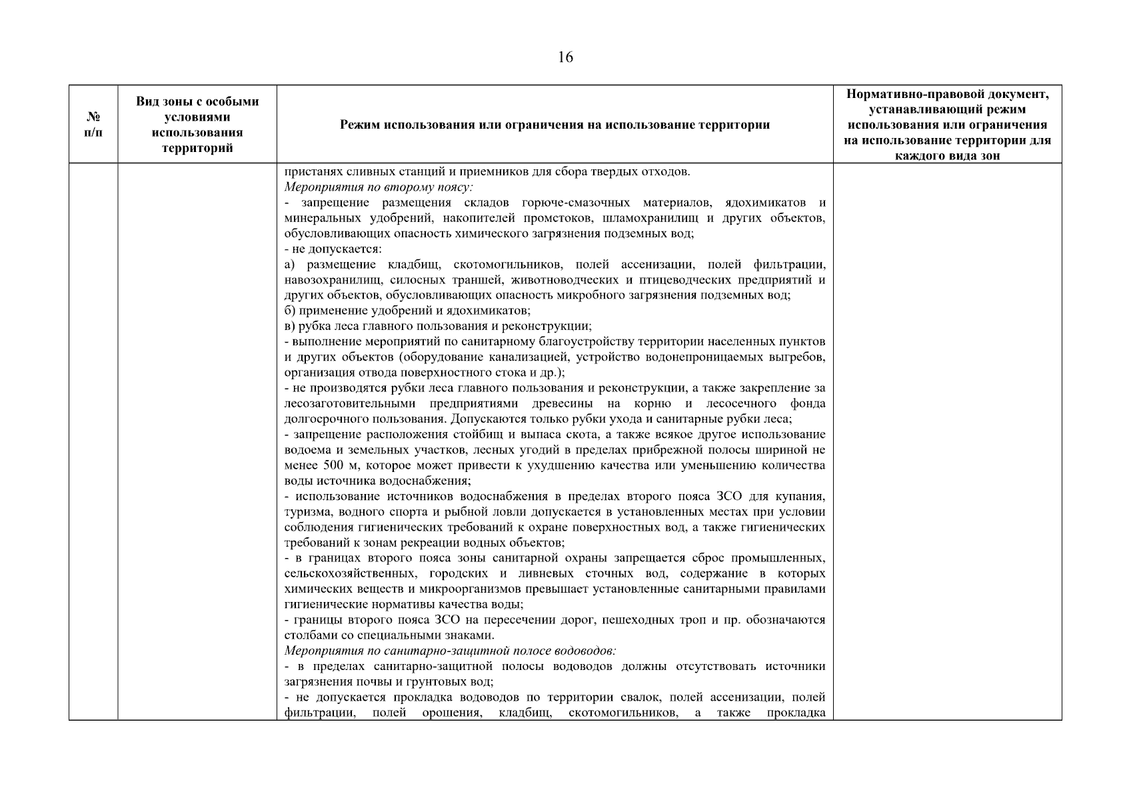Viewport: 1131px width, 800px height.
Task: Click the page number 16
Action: coord(565,57)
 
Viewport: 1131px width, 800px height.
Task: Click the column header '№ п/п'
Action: coord(93,124)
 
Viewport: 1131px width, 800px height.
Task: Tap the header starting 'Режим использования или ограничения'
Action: coord(555,125)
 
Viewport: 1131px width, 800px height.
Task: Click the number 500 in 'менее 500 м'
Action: coord(333,465)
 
